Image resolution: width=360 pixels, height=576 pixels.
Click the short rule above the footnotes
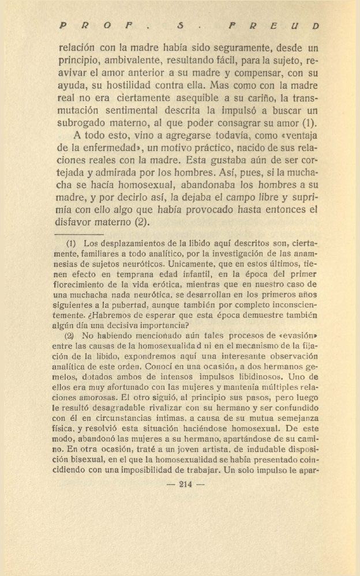tap(81, 234)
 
